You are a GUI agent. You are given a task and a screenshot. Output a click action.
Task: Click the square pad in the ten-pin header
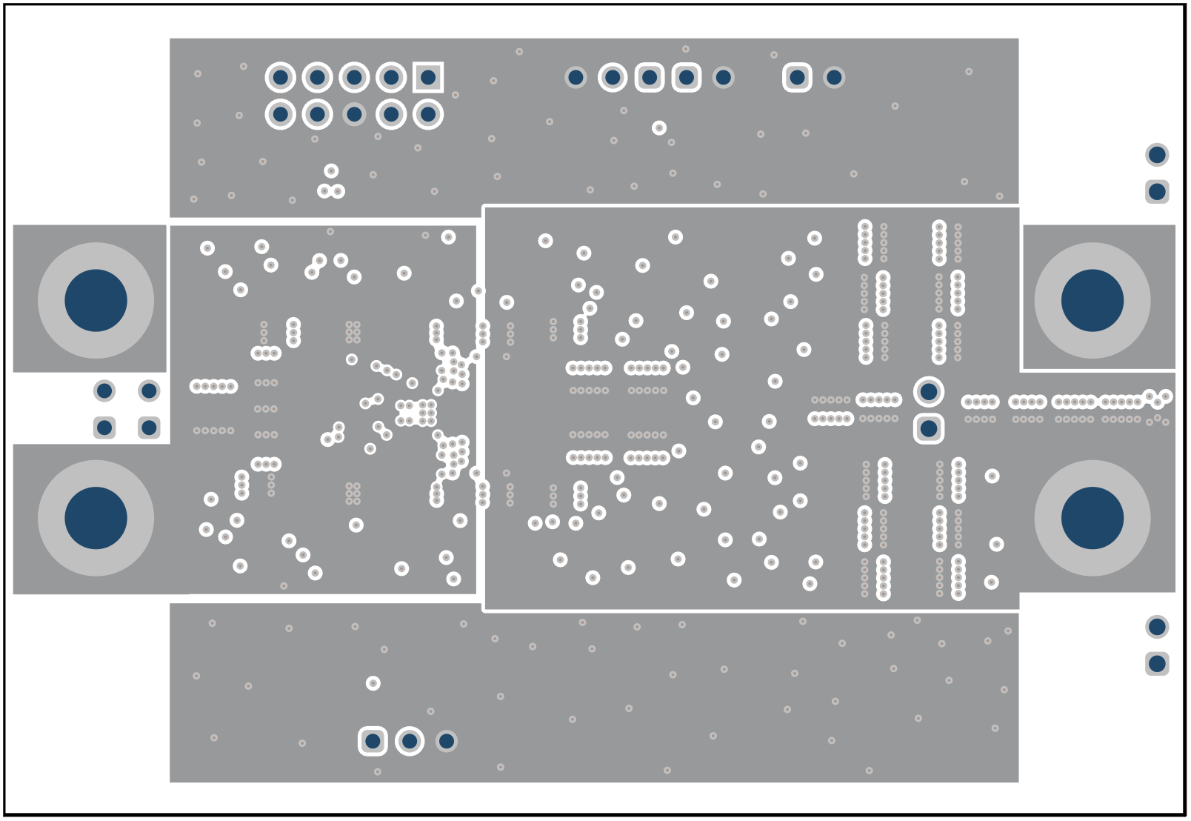[428, 77]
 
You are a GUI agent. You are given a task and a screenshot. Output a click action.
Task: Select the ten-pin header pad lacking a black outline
[354, 114]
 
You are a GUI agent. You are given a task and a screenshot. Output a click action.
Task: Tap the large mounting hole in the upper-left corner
[96, 300]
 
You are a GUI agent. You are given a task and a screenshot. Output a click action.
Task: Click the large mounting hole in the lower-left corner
[96, 518]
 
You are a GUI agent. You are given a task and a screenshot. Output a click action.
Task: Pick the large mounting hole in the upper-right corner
[1092, 300]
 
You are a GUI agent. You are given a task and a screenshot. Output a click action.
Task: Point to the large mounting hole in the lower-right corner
[1092, 518]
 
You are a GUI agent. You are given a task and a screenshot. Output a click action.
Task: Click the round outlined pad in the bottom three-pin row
[410, 741]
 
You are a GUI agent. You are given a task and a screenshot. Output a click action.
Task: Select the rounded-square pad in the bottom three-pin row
[373, 741]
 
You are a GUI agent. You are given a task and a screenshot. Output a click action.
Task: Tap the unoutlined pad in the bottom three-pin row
[446, 741]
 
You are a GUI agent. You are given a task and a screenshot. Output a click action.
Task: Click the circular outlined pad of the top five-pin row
[613, 77]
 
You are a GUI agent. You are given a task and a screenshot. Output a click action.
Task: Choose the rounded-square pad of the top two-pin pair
[797, 77]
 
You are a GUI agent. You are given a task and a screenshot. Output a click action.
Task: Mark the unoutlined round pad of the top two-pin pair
[834, 77]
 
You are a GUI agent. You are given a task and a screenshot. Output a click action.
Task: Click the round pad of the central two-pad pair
[929, 391]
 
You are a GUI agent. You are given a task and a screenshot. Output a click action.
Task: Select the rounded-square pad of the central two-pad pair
[929, 428]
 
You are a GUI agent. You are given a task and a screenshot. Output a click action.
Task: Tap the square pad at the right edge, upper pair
[1157, 192]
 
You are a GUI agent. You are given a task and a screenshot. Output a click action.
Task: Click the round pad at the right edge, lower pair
[1157, 627]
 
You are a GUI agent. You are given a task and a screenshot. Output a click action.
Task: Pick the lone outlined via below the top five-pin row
[659, 127]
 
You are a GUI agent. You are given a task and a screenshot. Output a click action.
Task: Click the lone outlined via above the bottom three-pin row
[373, 683]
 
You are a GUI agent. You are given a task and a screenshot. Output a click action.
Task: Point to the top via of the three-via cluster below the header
[331, 171]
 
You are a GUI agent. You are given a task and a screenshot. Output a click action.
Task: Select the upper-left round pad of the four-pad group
[104, 390]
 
